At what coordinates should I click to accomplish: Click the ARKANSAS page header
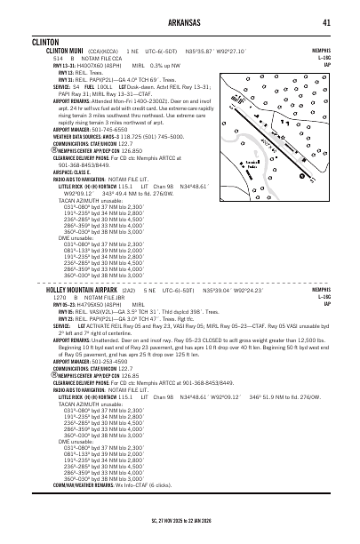[180, 22]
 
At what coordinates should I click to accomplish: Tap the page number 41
[327, 22]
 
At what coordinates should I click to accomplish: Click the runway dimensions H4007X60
[94, 66]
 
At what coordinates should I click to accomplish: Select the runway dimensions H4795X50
[95, 305]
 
